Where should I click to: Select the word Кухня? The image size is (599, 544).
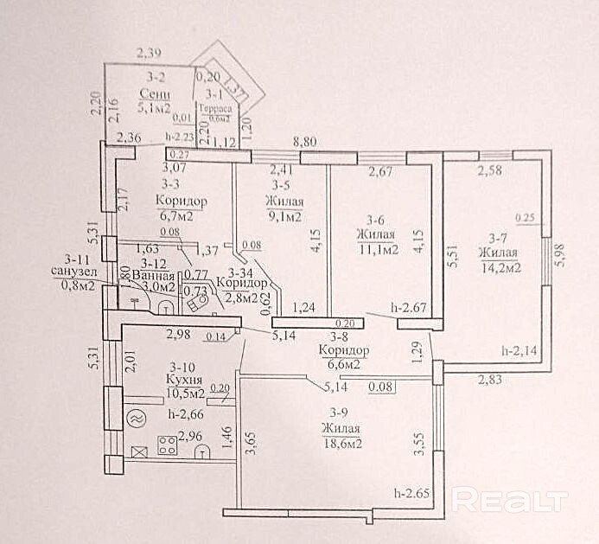186,379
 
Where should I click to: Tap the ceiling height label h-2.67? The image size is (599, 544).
410,305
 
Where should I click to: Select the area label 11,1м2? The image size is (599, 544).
378,249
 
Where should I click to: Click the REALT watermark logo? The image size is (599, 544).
509,500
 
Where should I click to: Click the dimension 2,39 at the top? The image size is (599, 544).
153,56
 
